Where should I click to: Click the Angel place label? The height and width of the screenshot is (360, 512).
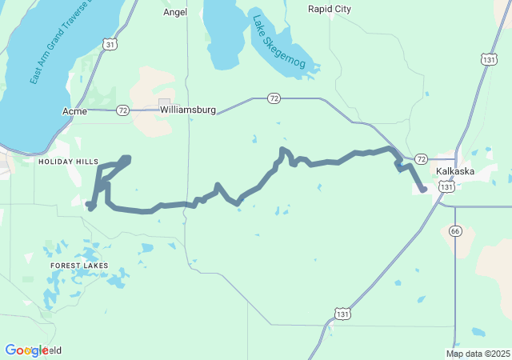coord(175,12)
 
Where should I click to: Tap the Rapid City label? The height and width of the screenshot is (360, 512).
coord(330,9)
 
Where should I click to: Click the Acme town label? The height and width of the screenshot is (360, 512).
coord(74,110)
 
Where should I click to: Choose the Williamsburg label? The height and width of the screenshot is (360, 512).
coord(188,110)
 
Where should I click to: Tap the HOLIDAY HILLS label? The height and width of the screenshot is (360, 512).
coord(68,161)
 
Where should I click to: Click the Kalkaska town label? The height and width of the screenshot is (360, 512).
coord(457,171)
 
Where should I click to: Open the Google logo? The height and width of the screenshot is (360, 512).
coord(26,350)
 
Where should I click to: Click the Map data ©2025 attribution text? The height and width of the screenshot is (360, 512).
coord(478,354)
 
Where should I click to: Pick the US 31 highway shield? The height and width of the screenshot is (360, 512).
coord(110,45)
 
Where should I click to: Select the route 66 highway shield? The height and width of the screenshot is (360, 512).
coord(455,230)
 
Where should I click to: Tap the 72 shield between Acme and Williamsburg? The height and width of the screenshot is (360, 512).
coord(122,110)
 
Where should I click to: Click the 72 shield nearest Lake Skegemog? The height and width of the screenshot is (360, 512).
coord(274,98)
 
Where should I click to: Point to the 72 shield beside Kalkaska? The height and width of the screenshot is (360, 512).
coord(421,159)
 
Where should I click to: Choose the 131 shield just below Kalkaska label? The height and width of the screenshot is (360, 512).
coord(447,186)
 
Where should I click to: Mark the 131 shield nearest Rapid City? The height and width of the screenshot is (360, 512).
coord(490,59)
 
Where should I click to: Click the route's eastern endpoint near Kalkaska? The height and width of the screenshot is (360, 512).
coord(422,190)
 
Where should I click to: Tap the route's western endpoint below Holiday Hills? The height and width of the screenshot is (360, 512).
coord(88,204)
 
